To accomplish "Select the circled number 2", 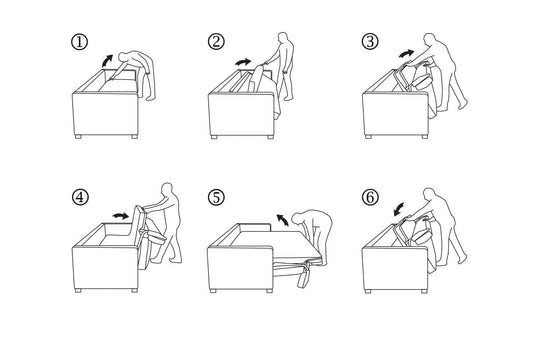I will click(217, 43).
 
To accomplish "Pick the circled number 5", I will click(217, 195).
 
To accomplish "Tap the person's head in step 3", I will click(441, 36).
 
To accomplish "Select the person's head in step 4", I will click(165, 189).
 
